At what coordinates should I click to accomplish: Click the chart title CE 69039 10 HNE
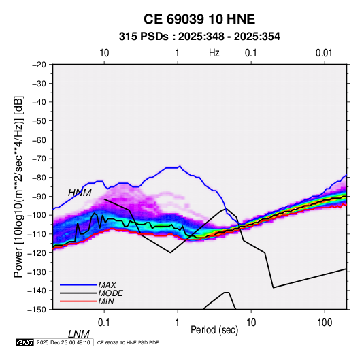(x=199, y=19)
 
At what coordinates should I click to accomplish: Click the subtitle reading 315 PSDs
(x=144, y=37)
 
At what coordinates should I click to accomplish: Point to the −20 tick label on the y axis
(x=39, y=65)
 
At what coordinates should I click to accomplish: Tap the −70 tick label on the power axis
(x=39, y=159)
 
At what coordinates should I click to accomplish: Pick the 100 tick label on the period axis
(x=325, y=323)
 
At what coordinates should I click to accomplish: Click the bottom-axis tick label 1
(x=178, y=323)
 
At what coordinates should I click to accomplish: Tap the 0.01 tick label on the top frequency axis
(x=324, y=53)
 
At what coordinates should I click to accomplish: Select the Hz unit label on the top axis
(x=214, y=53)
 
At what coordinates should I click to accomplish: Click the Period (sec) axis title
(x=214, y=330)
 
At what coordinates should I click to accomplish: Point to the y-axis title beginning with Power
(x=18, y=186)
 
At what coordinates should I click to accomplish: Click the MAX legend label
(x=107, y=284)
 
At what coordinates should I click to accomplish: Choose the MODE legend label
(x=110, y=293)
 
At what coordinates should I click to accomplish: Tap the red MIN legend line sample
(x=78, y=301)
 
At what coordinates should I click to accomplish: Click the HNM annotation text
(x=80, y=193)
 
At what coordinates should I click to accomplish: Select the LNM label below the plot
(x=78, y=334)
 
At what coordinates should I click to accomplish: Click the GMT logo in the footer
(x=24, y=342)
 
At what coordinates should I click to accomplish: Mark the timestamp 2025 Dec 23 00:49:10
(x=63, y=342)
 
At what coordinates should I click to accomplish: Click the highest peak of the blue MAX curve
(x=180, y=166)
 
